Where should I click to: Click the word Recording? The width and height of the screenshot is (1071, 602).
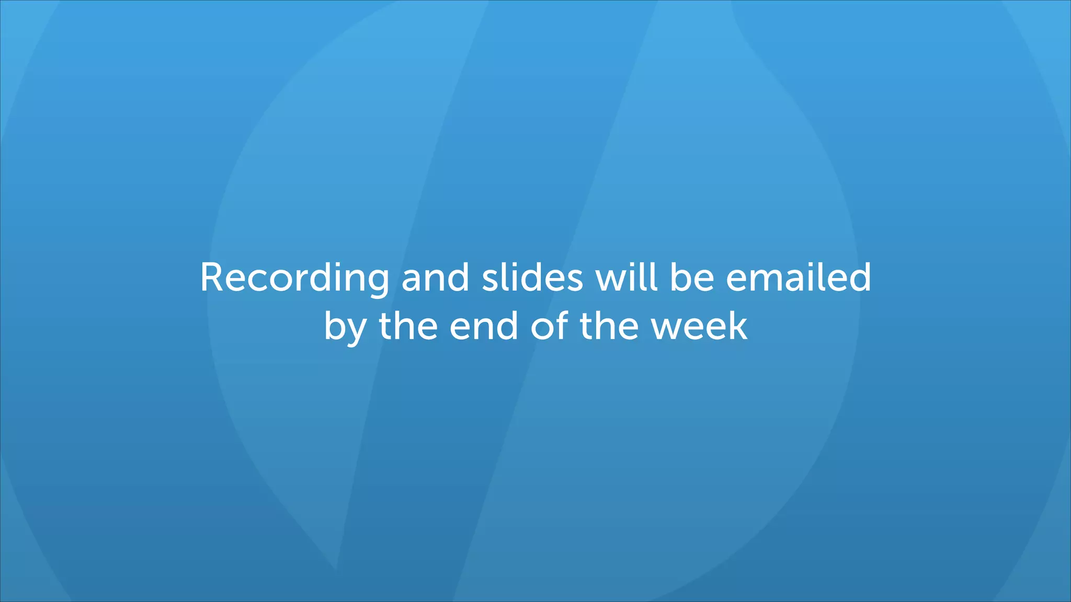(x=294, y=277)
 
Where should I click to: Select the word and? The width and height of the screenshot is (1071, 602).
(x=435, y=277)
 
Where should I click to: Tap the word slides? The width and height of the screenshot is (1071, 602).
(x=532, y=277)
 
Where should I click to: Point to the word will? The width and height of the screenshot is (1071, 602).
(x=626, y=277)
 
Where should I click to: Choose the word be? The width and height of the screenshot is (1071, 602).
(x=692, y=277)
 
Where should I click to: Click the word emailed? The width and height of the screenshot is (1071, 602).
(x=799, y=277)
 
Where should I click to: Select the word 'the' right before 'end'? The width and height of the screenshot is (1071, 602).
(x=408, y=326)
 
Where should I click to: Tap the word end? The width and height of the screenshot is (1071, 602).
(x=484, y=326)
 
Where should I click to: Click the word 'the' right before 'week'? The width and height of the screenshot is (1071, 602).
(x=609, y=326)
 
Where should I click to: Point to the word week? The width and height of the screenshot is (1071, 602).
(x=699, y=326)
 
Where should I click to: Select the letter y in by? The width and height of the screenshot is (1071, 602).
(x=357, y=331)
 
